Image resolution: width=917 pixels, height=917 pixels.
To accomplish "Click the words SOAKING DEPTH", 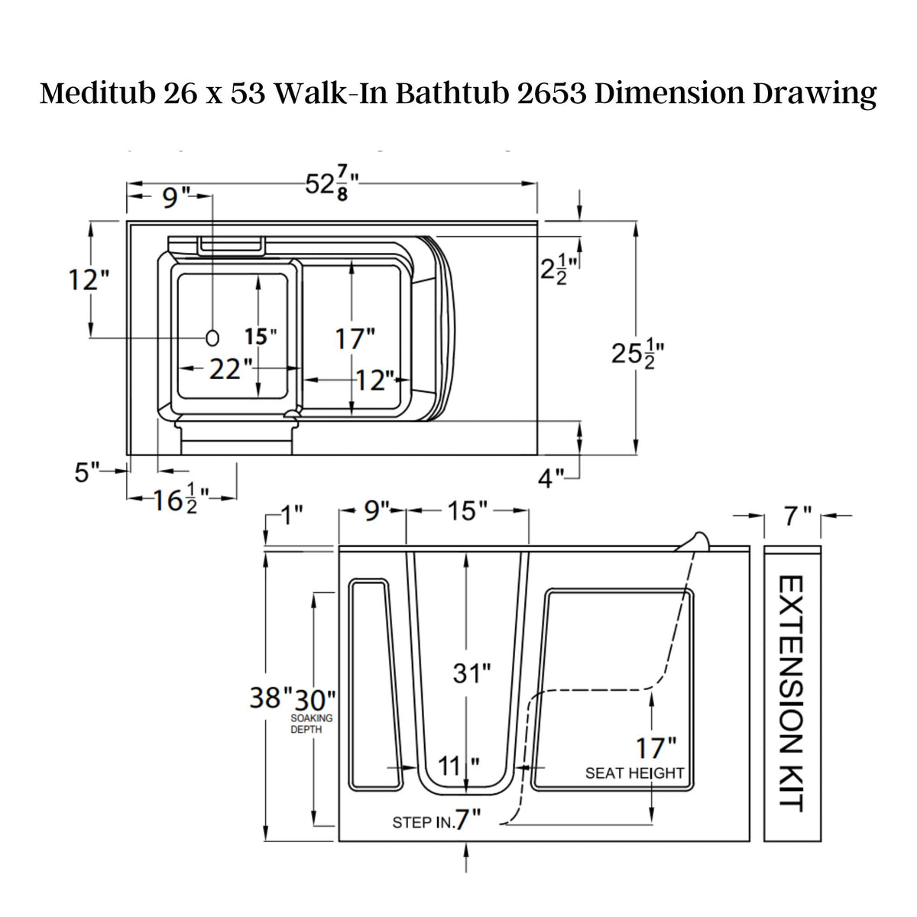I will [x=311, y=724].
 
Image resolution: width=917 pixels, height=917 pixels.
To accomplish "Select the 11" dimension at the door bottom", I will [x=453, y=764].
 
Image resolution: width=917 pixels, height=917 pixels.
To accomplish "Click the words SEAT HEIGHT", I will [x=635, y=773].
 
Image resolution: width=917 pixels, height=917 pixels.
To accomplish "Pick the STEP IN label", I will [x=423, y=822].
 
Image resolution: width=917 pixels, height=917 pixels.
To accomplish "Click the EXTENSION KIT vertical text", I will [x=790, y=693].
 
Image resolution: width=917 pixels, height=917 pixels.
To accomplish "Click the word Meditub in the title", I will [x=98, y=93].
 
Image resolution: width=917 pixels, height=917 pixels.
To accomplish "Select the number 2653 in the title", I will [x=543, y=93].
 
